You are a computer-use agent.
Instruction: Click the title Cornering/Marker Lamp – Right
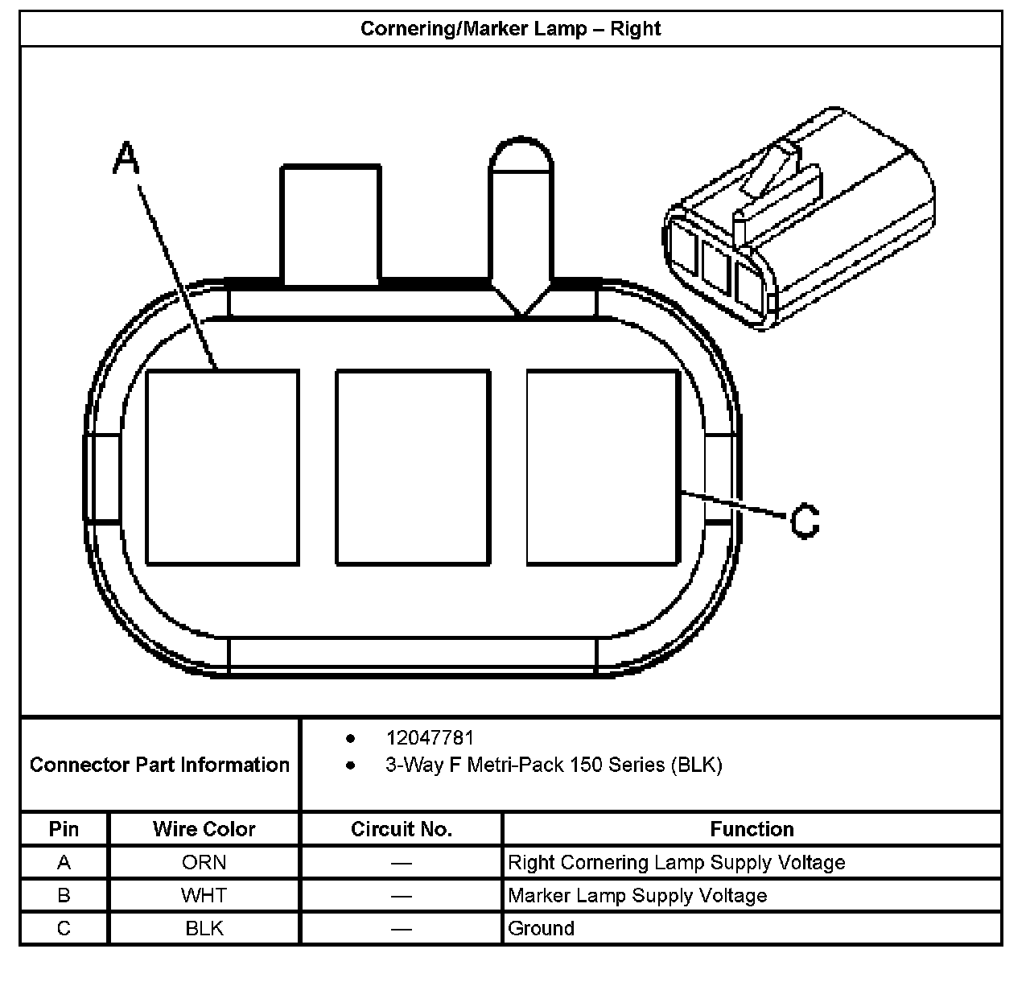pyautogui.click(x=510, y=29)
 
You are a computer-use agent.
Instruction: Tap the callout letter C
pyautogui.click(x=804, y=521)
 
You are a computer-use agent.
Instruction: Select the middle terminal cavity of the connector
pyautogui.click(x=413, y=467)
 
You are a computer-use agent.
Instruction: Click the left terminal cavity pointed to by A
pyautogui.click(x=223, y=467)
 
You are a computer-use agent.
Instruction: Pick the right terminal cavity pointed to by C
pyautogui.click(x=602, y=467)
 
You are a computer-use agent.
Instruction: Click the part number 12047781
pyautogui.click(x=430, y=737)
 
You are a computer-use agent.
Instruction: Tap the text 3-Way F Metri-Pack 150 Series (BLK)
pyautogui.click(x=554, y=765)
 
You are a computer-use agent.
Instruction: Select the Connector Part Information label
pyautogui.click(x=159, y=765)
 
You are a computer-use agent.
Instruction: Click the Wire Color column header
pyautogui.click(x=204, y=829)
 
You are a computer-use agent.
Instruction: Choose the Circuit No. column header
pyautogui.click(x=401, y=829)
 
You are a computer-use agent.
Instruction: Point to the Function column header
pyautogui.click(x=752, y=829)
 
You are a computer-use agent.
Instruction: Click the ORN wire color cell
pyautogui.click(x=204, y=862)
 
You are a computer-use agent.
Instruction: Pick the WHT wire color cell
pyautogui.click(x=204, y=895)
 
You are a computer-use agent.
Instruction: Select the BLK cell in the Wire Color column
pyautogui.click(x=204, y=928)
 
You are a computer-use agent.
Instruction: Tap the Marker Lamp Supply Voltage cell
pyautogui.click(x=637, y=895)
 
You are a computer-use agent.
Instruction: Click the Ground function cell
pyautogui.click(x=541, y=928)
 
